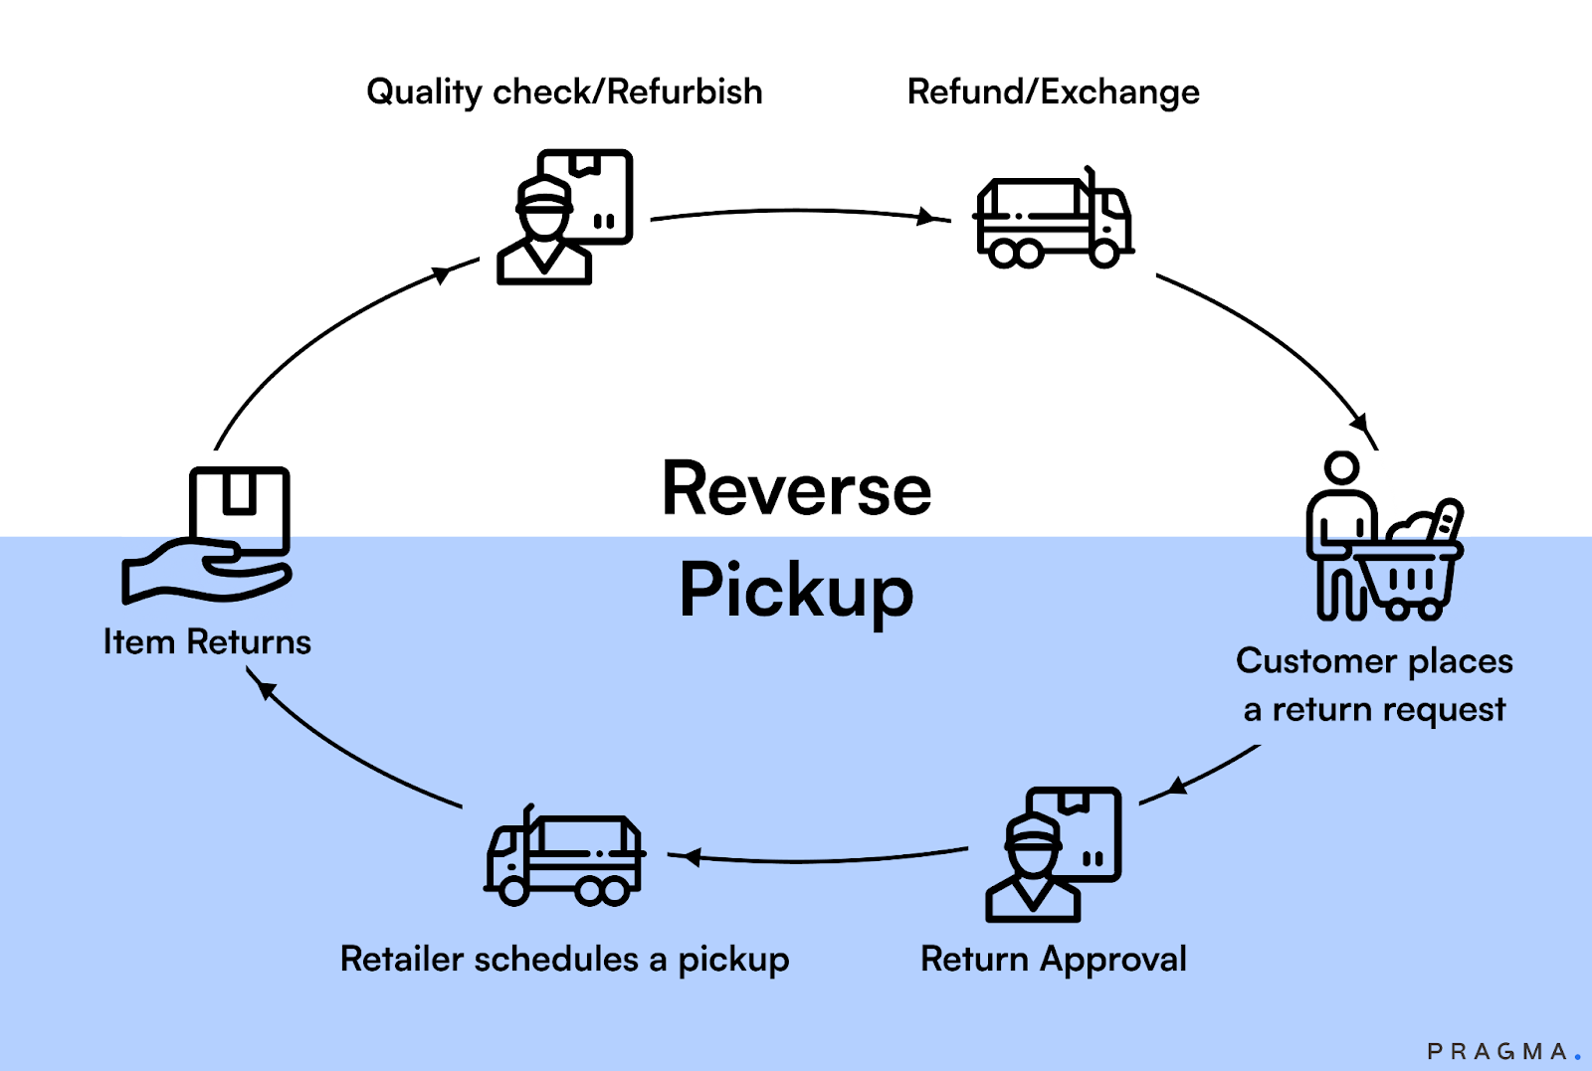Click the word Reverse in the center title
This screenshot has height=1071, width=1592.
click(796, 490)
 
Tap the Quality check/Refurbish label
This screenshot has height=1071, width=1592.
click(564, 92)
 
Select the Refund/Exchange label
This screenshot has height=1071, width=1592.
click(1053, 92)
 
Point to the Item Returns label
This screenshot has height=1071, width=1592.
click(207, 642)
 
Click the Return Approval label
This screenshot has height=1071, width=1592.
click(1053, 960)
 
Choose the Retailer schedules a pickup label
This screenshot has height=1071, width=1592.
click(564, 960)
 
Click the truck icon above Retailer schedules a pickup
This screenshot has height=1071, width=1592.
click(564, 857)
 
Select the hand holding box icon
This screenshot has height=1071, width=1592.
click(209, 537)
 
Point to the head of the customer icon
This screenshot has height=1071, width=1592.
click(1341, 467)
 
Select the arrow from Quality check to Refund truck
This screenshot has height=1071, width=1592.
click(796, 212)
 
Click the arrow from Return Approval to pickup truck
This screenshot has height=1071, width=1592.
click(816, 859)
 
